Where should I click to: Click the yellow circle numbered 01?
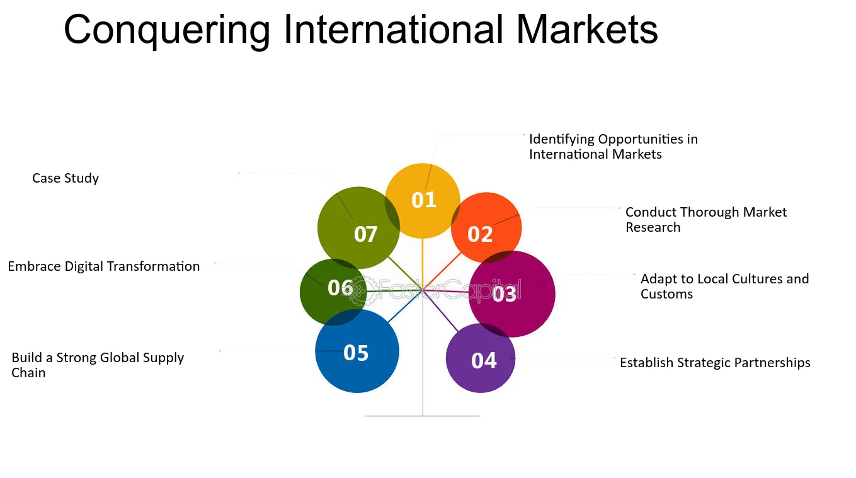pos(422,201)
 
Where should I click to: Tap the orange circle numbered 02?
pos(486,228)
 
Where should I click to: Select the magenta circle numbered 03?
pos(512,294)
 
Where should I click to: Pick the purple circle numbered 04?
pos(481,358)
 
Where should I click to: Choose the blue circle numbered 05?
pos(357,351)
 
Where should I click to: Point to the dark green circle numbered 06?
pos(333,292)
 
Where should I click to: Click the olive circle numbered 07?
pos(358,228)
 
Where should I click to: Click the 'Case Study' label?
pos(66,178)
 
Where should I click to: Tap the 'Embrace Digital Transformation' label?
pos(103,266)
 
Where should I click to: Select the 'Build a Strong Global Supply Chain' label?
pos(98,365)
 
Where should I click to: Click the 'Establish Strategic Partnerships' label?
pos(715,363)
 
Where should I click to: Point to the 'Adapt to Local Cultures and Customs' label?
pos(724,286)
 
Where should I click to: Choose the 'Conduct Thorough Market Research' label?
pos(706,219)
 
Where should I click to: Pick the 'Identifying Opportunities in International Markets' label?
pos(613,146)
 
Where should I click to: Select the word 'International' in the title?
pos(393,30)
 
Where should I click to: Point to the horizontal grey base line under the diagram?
pos(422,416)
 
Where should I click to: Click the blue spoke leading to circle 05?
pos(405,307)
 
